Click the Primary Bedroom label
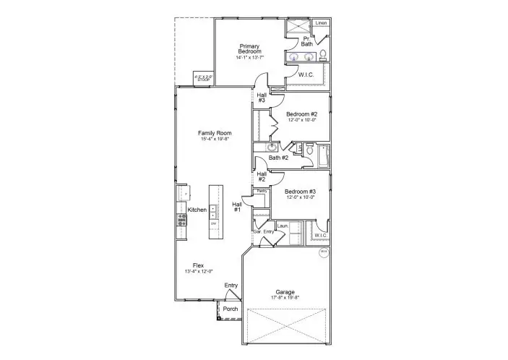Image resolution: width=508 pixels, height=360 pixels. (249, 48)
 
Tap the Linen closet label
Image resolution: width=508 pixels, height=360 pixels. (322, 24)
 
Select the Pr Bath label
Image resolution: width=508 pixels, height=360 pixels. (307, 41)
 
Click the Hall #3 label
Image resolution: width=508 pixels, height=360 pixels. (262, 98)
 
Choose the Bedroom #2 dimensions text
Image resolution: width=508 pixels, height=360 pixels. (302, 120)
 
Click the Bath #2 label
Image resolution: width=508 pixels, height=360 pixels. (278, 158)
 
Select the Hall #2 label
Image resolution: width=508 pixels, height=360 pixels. (262, 176)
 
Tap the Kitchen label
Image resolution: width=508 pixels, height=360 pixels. (197, 210)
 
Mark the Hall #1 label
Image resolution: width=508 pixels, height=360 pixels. (237, 207)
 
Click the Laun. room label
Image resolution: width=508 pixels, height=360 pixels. (283, 226)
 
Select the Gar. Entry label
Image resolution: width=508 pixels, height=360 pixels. (263, 231)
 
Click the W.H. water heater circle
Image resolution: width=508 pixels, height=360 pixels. (324, 252)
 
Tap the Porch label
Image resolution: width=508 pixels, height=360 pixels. (230, 309)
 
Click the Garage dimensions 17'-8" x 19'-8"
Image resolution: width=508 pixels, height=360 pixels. (285, 298)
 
